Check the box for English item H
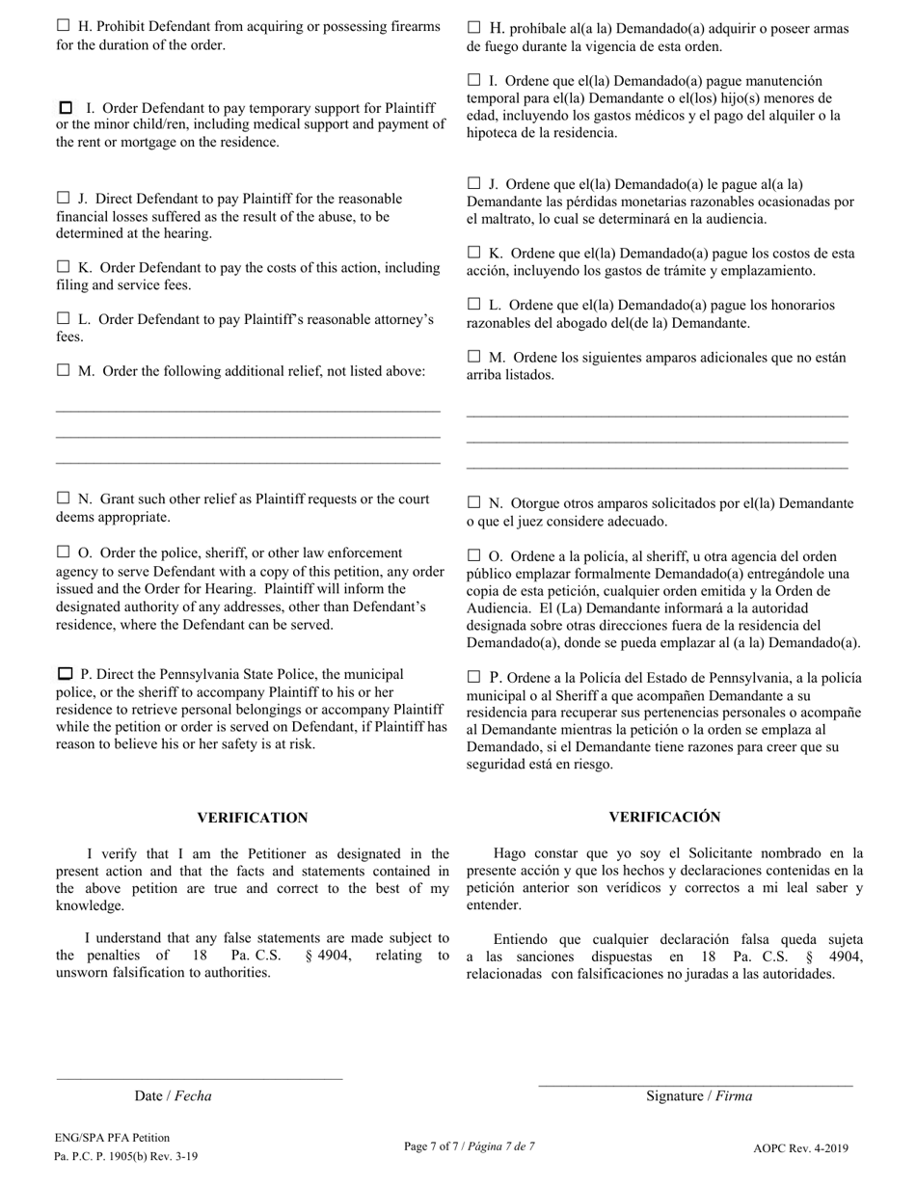point(64,26)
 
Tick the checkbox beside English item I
point(67,108)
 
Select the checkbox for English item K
point(64,266)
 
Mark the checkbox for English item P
point(66,674)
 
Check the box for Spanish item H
point(473,27)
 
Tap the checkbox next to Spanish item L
point(473,304)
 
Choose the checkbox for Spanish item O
point(473,555)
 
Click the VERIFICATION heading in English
point(253,818)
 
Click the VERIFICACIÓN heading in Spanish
point(664,817)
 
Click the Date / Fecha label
point(173,1095)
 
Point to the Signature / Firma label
point(699,1095)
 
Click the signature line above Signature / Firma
point(695,1085)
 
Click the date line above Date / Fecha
point(200,1078)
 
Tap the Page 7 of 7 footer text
point(469,1146)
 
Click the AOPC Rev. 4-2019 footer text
point(800,1148)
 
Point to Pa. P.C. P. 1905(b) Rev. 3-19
point(126,1156)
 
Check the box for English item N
point(64,499)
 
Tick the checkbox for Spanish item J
point(473,183)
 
